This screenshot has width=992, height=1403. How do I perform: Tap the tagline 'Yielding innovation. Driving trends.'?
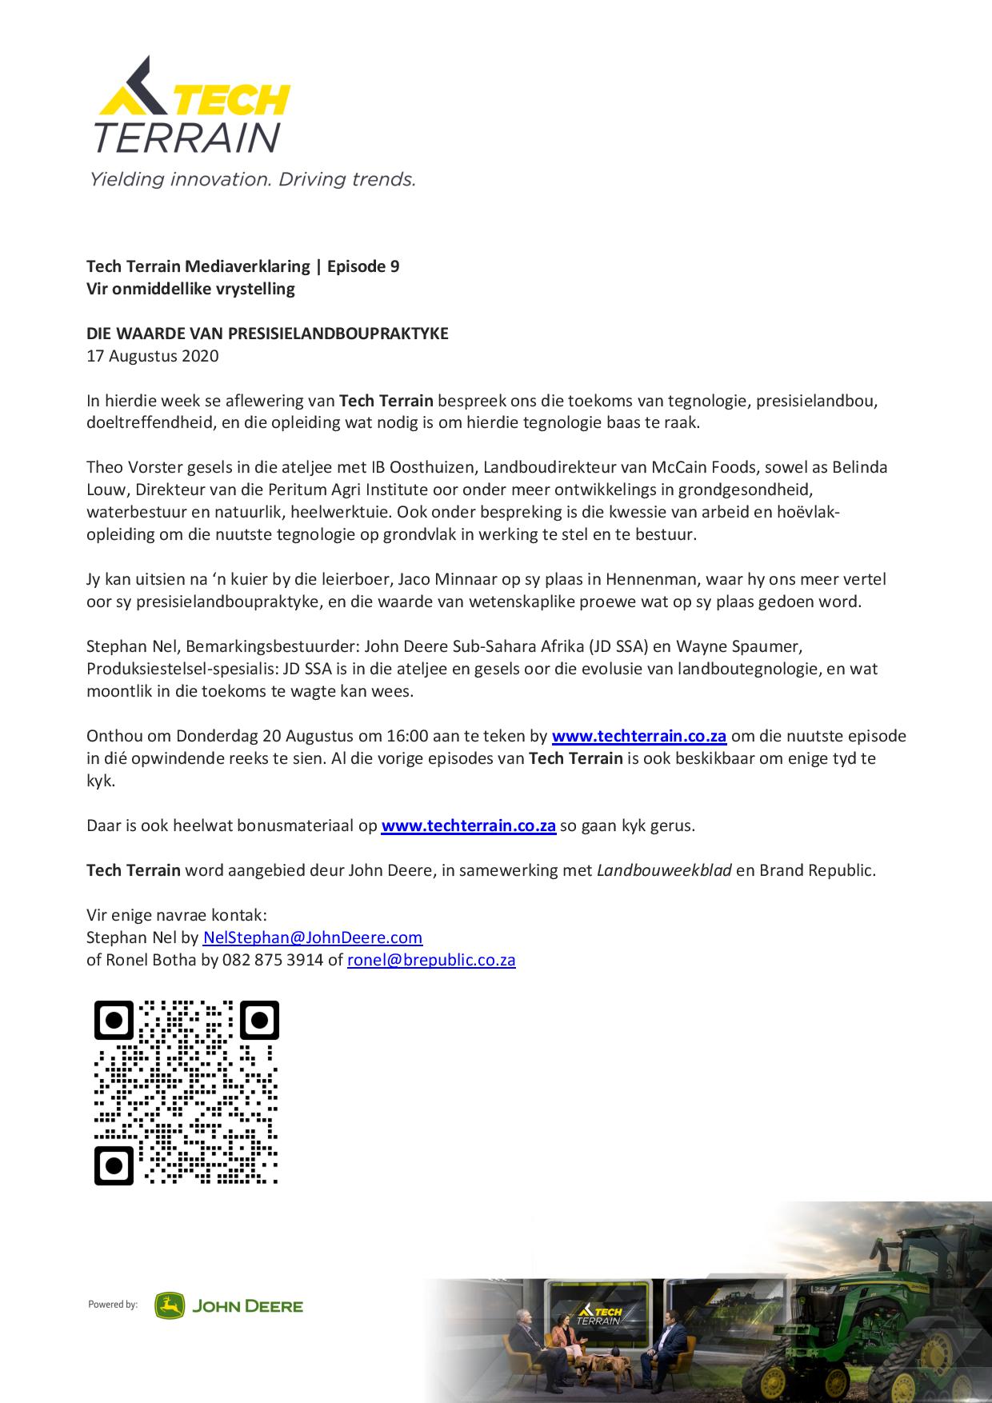[x=252, y=178]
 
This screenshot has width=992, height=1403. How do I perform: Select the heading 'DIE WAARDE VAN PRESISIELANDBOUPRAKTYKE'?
[x=267, y=334]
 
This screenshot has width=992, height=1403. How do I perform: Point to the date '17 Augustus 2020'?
[x=152, y=356]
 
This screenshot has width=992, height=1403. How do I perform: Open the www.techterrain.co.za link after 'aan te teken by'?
[x=639, y=736]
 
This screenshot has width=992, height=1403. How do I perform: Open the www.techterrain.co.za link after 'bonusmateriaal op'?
[x=468, y=825]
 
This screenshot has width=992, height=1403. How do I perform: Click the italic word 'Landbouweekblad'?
[x=664, y=870]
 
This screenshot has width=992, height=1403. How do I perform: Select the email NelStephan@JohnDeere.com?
[x=313, y=937]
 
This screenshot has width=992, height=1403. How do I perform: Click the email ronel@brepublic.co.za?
[x=431, y=960]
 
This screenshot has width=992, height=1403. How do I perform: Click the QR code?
[x=186, y=1092]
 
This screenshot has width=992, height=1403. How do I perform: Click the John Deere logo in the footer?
[x=229, y=1306]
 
